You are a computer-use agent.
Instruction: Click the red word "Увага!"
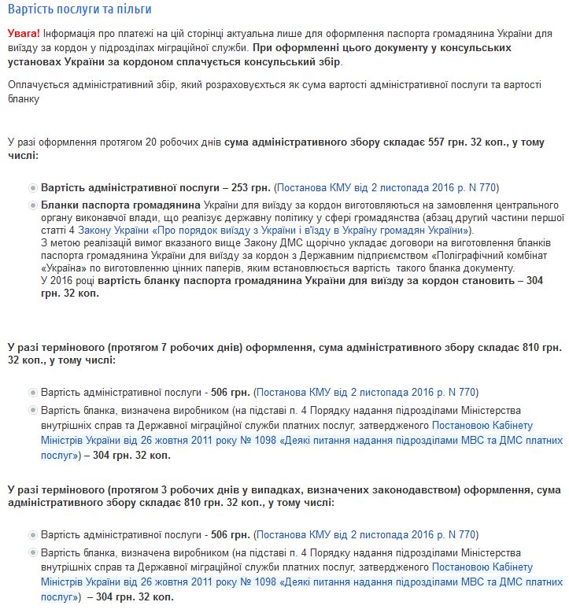pos(24,34)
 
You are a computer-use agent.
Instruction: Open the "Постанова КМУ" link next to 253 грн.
pos(386,188)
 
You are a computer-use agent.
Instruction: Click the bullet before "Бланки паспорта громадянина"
pos(31,205)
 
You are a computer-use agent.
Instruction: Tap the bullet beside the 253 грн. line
pos(31,188)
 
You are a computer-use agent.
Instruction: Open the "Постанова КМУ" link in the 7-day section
pos(366,392)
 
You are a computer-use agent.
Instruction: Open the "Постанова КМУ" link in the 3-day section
pos(366,534)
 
